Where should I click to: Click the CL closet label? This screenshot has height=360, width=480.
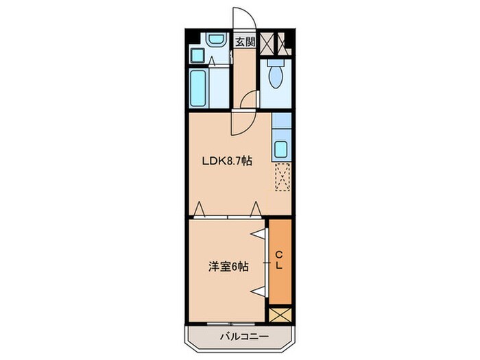279,261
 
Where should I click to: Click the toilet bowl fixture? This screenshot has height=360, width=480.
276,77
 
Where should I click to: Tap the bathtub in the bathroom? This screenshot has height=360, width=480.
198,88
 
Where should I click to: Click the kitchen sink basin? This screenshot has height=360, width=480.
280,149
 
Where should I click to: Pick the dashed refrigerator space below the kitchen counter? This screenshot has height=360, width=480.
282,177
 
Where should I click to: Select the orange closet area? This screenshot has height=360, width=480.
279,261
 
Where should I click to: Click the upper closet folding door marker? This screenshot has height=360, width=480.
259,235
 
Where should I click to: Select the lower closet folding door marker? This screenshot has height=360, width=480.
259,291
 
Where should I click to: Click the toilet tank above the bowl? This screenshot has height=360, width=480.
276,61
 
